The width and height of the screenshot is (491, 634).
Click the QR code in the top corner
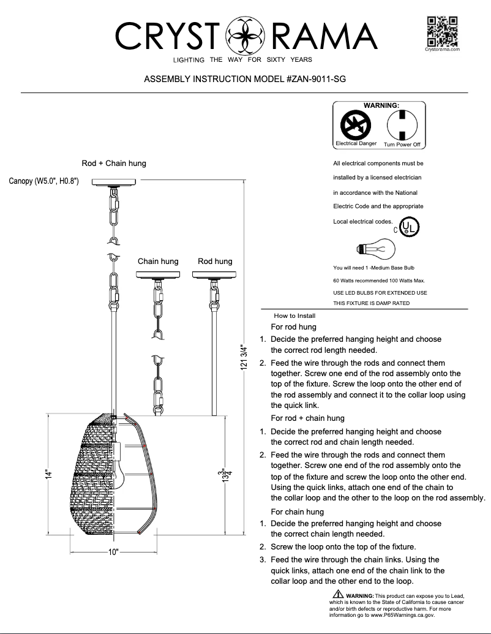(443, 31)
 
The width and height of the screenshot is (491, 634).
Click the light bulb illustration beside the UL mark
(375, 249)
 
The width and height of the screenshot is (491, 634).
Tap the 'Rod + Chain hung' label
(114, 164)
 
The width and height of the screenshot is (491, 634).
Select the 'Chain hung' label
(158, 262)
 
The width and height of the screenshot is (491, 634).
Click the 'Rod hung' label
(215, 262)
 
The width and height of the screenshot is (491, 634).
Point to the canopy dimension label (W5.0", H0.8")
(44, 182)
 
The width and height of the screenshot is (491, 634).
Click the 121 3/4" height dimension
(245, 357)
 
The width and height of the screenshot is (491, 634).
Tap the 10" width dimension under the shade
(113, 552)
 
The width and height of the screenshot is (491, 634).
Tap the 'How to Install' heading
(294, 315)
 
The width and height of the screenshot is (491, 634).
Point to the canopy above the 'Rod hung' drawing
(214, 274)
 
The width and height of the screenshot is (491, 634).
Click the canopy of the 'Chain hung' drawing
(158, 274)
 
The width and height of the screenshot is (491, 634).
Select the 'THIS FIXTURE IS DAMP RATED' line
(371, 303)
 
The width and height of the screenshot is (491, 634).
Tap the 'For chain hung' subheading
(297, 511)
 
